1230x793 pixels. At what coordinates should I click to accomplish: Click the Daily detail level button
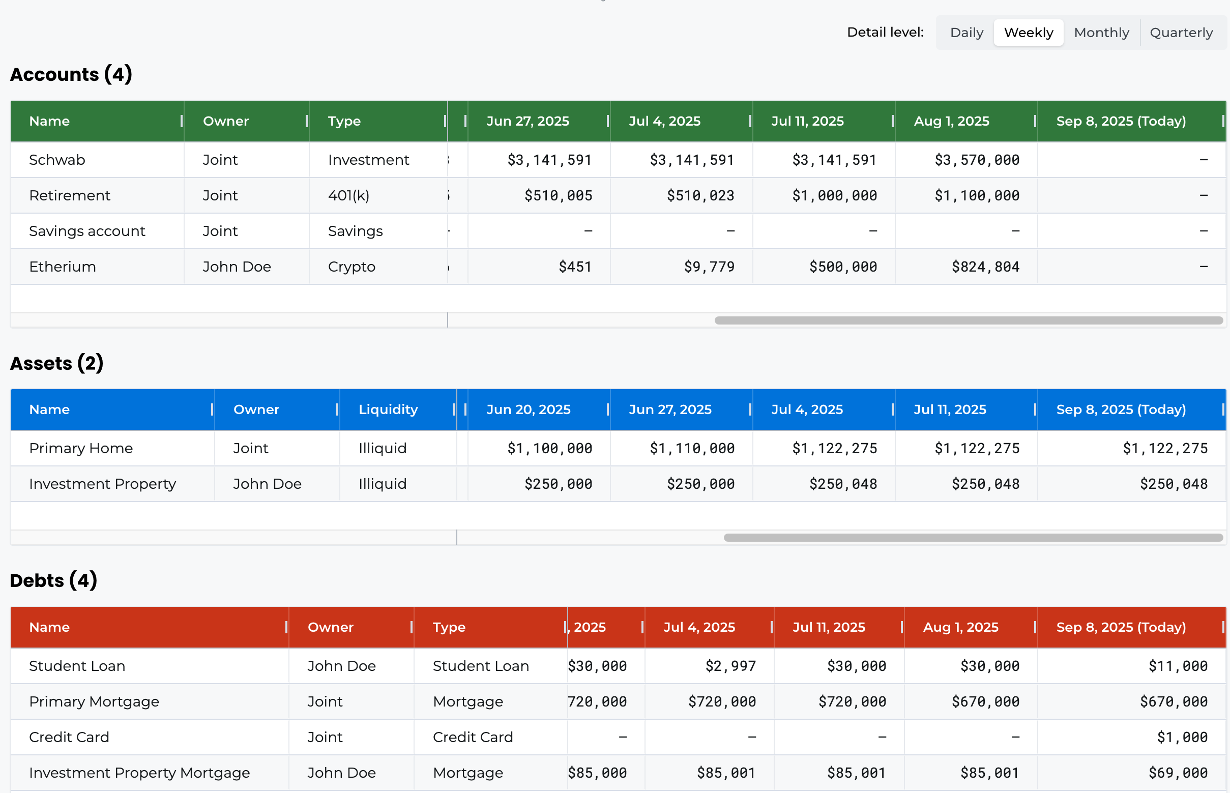point(966,33)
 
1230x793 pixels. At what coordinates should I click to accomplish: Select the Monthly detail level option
point(1101,33)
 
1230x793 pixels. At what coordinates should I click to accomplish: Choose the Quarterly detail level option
point(1181,33)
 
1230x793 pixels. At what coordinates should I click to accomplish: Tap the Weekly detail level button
point(1028,33)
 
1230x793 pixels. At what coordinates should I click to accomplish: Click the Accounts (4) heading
point(71,74)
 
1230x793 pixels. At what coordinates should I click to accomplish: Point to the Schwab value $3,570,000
point(977,160)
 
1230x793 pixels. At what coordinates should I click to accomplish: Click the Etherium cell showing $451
point(575,267)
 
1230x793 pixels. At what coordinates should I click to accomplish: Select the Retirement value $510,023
point(700,196)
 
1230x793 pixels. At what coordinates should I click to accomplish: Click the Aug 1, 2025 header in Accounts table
point(951,121)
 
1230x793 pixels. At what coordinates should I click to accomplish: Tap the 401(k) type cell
point(348,196)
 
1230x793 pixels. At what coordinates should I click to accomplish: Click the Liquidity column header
point(388,409)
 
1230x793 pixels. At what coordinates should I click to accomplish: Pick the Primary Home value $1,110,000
point(692,449)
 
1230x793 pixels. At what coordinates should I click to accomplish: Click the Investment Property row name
point(102,484)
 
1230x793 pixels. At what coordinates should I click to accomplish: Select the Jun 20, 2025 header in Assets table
point(528,409)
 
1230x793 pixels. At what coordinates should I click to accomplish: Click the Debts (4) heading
point(53,580)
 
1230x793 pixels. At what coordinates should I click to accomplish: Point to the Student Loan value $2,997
point(730,666)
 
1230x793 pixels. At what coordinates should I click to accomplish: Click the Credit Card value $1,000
point(1182,738)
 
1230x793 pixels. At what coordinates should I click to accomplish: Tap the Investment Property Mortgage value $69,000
point(1178,773)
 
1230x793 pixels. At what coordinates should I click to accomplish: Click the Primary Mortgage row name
point(94,701)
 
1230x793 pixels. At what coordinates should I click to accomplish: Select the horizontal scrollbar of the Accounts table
point(968,320)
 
